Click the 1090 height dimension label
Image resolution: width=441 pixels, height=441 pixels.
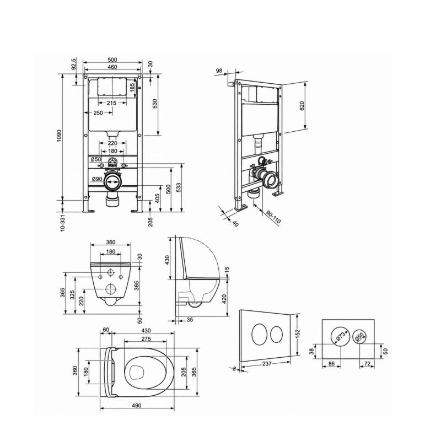pyautogui.click(x=59, y=136)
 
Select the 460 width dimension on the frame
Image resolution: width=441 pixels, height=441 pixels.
pyautogui.click(x=112, y=67)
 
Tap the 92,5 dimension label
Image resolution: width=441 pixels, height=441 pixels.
pyautogui.click(x=73, y=64)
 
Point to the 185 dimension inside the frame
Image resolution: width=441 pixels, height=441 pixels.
pyautogui.click(x=132, y=88)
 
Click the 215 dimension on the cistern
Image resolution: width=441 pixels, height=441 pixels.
pyautogui.click(x=111, y=103)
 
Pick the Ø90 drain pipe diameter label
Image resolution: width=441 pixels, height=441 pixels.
pyautogui.click(x=97, y=179)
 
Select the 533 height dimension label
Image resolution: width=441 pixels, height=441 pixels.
pyautogui.click(x=178, y=187)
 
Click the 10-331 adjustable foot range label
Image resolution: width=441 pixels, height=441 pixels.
pyautogui.click(x=62, y=223)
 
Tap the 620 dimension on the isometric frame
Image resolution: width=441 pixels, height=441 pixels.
pyautogui.click(x=302, y=106)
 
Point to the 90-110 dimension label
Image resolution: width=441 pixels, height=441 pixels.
pyautogui.click(x=273, y=217)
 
